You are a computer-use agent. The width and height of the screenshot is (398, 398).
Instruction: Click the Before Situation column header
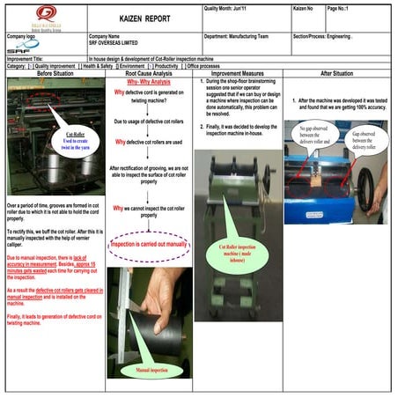pos(53,73)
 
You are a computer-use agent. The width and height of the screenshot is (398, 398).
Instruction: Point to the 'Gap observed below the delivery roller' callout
pos(367,139)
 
